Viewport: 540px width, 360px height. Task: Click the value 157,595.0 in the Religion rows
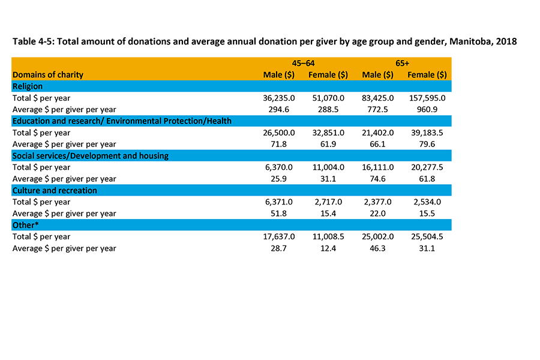click(427, 98)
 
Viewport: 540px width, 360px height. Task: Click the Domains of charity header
click(48, 75)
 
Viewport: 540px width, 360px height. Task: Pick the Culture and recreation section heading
click(55, 190)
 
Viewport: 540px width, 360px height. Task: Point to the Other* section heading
click(25, 225)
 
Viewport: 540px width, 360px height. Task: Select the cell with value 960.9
click(434, 109)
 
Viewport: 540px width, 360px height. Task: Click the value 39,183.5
click(429, 133)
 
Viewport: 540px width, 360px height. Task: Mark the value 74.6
click(383, 179)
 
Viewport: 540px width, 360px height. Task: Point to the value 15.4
click(334, 214)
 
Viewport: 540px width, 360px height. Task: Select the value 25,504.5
click(429, 236)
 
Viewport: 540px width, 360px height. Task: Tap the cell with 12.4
click(334, 248)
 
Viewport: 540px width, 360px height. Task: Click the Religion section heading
click(28, 86)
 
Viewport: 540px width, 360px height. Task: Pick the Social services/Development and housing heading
click(91, 155)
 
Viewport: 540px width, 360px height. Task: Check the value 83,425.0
click(378, 98)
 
